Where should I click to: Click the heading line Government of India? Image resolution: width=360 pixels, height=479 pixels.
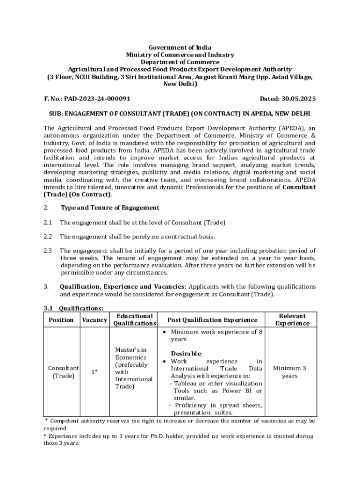click(x=180, y=48)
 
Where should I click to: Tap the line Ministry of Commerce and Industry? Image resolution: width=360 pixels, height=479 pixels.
click(x=180, y=55)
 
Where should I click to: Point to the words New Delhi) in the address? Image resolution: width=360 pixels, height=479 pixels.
click(x=180, y=84)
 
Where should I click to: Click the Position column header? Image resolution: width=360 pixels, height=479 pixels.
click(x=61, y=320)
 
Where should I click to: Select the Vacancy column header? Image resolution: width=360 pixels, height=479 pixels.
click(x=94, y=320)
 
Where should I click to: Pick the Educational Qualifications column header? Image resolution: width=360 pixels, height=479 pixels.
click(x=134, y=320)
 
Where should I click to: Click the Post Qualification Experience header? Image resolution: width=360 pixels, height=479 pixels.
click(x=212, y=320)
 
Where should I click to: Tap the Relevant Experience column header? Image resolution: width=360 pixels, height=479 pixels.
click(x=292, y=320)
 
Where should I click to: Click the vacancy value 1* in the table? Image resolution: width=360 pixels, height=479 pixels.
click(x=94, y=372)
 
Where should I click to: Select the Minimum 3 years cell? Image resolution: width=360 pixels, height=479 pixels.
click(x=290, y=372)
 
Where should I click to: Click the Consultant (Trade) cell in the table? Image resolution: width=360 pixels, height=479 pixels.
click(x=63, y=372)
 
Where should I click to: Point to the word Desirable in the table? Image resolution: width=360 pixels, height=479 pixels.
click(x=186, y=354)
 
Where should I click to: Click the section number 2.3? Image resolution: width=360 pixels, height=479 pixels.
click(x=48, y=251)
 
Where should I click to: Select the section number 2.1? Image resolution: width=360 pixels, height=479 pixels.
click(x=48, y=223)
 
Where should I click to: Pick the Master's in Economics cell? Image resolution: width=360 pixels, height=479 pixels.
click(x=131, y=368)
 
